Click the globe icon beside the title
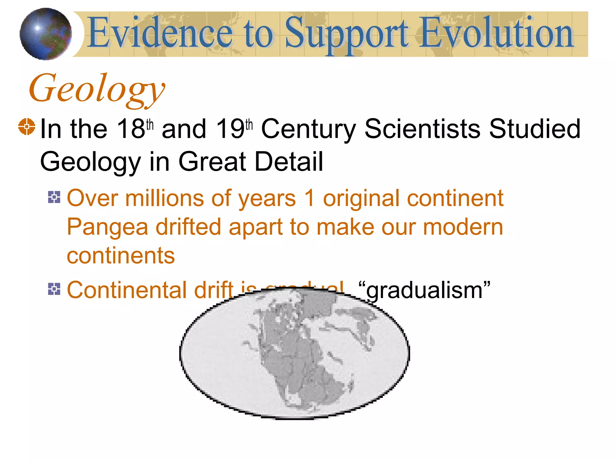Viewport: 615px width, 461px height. (46, 34)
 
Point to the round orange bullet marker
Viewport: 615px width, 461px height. (26, 127)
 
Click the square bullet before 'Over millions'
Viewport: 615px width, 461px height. (54, 197)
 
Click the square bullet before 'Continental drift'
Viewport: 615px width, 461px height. (54, 289)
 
